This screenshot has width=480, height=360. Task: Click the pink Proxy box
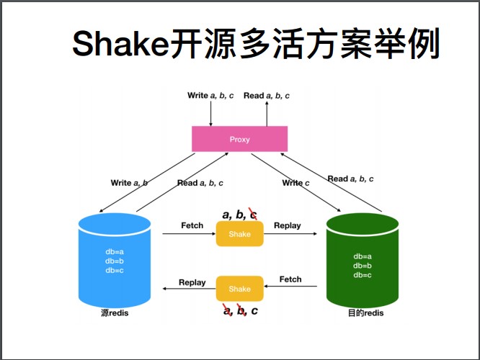(x=239, y=139)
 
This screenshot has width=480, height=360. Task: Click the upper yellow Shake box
(x=240, y=234)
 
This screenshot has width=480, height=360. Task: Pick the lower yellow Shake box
(x=240, y=289)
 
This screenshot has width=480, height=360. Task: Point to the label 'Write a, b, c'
(x=210, y=95)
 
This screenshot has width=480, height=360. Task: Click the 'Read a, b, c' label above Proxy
(x=267, y=95)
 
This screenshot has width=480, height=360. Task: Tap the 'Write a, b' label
(x=129, y=183)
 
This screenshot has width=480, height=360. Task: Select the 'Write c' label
(x=295, y=183)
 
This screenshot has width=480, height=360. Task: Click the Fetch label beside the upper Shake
(x=192, y=225)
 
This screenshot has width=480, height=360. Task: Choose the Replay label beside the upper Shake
(x=288, y=225)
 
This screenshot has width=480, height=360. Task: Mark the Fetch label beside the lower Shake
(x=290, y=279)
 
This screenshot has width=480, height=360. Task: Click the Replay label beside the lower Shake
(x=192, y=282)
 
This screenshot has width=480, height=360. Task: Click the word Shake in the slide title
(x=120, y=45)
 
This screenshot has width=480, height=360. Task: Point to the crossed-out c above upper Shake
(x=253, y=214)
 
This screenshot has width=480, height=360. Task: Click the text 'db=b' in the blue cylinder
(x=115, y=261)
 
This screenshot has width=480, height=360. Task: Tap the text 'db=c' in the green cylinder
(x=363, y=275)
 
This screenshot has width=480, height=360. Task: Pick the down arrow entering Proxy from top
(x=211, y=113)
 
